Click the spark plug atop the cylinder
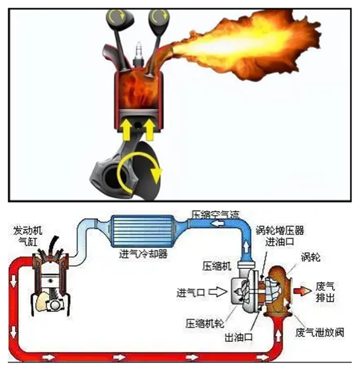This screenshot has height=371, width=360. coord(137,53)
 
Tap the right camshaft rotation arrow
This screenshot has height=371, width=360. coord(158,18)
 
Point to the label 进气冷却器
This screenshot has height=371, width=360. coord(138,254)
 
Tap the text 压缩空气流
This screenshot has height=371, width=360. coord(216,214)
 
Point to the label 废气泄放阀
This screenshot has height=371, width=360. coord(320,333)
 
